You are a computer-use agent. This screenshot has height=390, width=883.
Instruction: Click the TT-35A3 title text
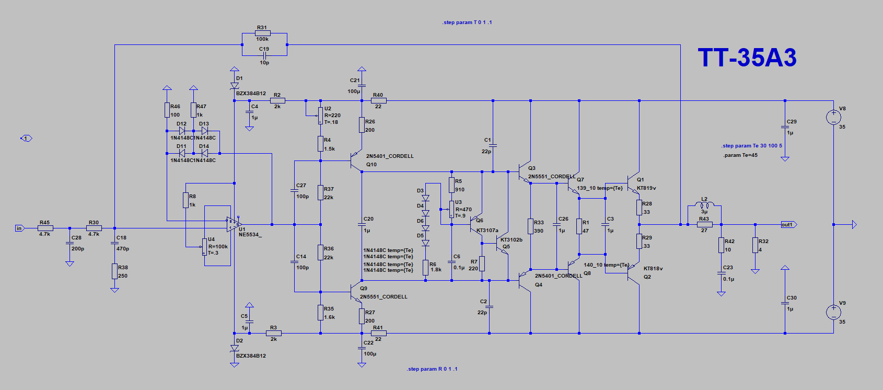pos(747,58)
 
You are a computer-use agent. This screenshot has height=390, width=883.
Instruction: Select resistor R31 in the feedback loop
pos(262,33)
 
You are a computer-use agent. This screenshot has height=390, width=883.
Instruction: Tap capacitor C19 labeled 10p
pos(264,55)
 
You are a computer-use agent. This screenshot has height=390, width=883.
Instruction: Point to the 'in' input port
pos(19,228)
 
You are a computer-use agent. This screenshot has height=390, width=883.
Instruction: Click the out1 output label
pos(787,225)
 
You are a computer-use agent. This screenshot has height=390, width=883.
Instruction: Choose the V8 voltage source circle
pos(833,117)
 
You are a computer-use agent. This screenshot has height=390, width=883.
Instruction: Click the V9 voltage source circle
pos(833,312)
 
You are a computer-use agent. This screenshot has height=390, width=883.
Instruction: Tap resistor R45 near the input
pos(45,228)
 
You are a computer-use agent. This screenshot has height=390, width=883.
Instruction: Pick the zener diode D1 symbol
pos(235,85)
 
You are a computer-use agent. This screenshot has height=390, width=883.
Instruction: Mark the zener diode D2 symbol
pos(235,348)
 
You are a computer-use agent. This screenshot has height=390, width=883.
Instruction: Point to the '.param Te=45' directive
pos(740,155)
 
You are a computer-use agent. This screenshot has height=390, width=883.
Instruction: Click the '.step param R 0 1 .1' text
pos(432,369)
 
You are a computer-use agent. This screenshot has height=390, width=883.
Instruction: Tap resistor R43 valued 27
pos(704,224)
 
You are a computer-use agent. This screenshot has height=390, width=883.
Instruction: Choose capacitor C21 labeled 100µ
pos(362,86)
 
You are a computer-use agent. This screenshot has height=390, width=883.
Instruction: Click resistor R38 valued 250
pos(114,271)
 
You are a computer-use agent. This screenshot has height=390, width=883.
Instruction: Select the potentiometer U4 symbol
pos(204,247)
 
